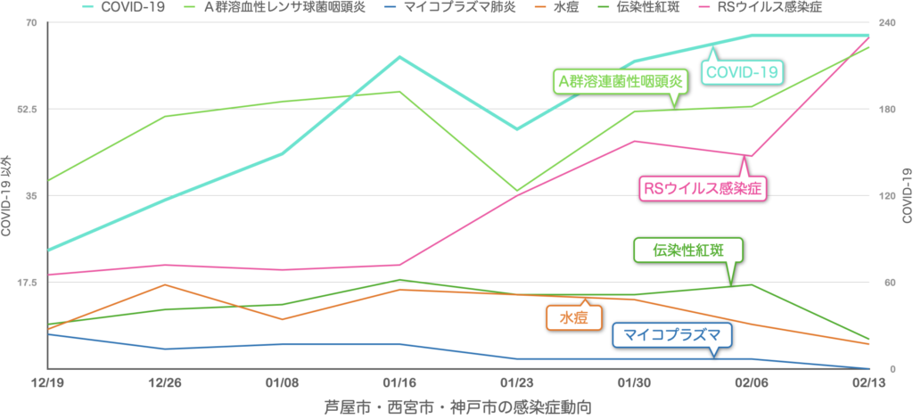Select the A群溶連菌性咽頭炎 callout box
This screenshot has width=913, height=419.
pyautogui.click(x=620, y=81)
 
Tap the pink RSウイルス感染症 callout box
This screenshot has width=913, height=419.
pyautogui.click(x=703, y=188)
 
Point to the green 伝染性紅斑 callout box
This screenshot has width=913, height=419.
pyautogui.click(x=687, y=250)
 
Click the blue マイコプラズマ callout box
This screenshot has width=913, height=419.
pyautogui.click(x=672, y=335)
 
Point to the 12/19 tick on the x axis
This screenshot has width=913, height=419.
pyautogui.click(x=45, y=382)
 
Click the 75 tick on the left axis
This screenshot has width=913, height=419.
pyautogui.click(x=31, y=22)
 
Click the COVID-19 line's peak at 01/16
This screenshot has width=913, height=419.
pyautogui.click(x=399, y=57)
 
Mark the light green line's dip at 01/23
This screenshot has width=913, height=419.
pyautogui.click(x=517, y=191)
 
